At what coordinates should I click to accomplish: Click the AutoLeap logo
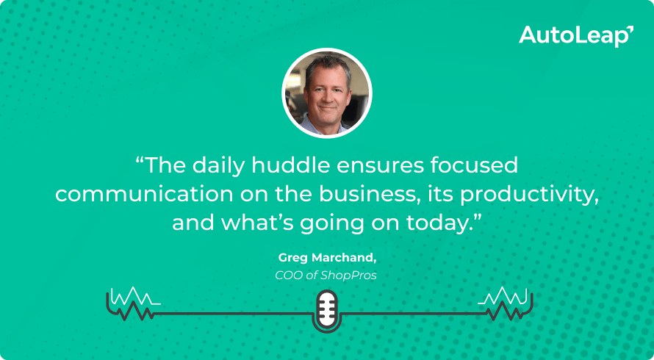575,35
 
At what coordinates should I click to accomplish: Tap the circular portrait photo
327,93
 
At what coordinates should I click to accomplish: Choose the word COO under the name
287,276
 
